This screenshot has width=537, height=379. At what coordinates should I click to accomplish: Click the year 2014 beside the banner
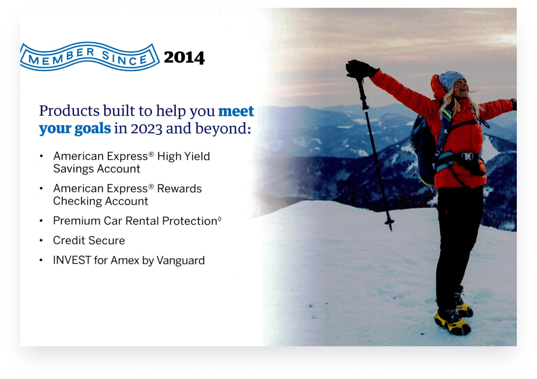click(184, 57)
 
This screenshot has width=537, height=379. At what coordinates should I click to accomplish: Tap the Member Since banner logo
click(89, 56)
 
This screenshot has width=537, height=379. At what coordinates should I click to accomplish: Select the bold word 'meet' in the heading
click(236, 111)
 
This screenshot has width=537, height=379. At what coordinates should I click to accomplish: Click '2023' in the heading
click(146, 129)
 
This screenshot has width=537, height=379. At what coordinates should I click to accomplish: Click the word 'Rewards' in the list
click(179, 189)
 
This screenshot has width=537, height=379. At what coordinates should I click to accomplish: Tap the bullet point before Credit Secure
click(41, 241)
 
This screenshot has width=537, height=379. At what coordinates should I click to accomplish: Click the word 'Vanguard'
click(180, 261)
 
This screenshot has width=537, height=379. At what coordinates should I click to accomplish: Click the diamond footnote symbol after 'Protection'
click(219, 219)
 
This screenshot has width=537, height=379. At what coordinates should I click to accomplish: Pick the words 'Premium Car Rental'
click(106, 221)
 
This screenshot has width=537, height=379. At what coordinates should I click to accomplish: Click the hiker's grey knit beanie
click(451, 80)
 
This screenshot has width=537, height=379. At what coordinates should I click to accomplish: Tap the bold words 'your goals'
click(75, 129)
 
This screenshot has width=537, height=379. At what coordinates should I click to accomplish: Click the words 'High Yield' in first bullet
click(184, 156)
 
